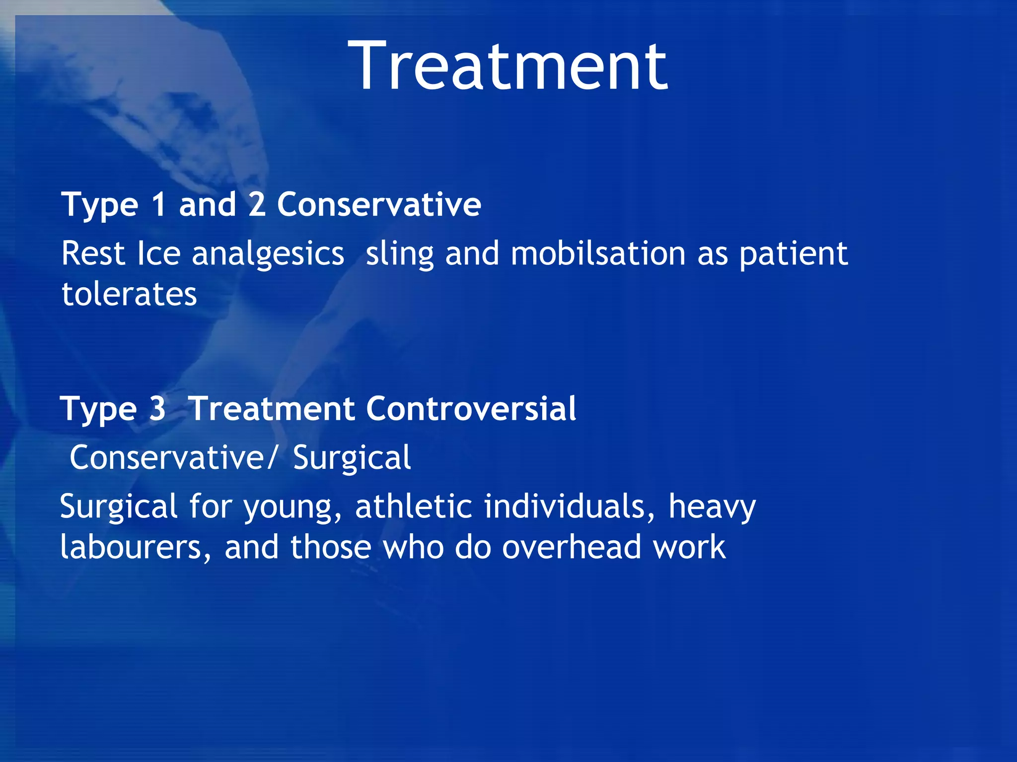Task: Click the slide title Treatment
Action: [508, 67]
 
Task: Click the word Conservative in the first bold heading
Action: [379, 204]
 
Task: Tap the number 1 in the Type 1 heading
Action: [159, 204]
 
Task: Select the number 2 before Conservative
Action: [257, 204]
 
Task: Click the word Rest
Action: [93, 254]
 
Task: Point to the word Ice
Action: [158, 254]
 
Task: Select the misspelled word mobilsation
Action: [598, 254]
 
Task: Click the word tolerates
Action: [129, 294]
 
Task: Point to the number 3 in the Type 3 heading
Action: [157, 409]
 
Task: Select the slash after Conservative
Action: [271, 457]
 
